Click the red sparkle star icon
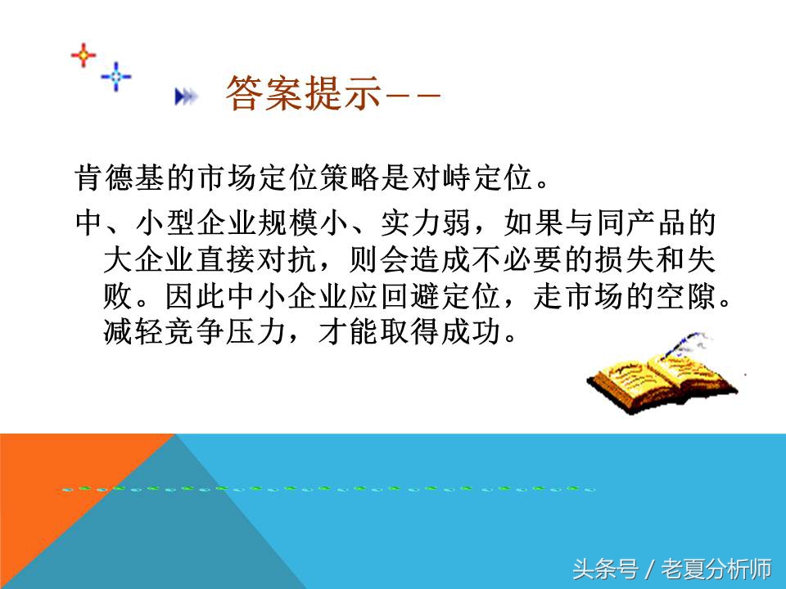coord(84,56)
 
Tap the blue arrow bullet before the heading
coord(187,97)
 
